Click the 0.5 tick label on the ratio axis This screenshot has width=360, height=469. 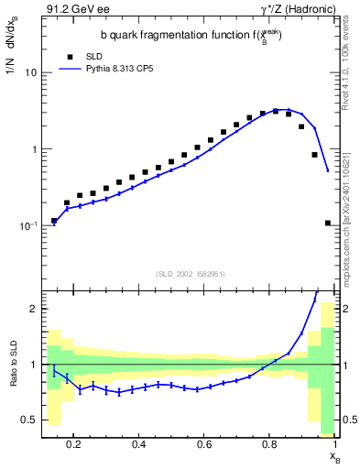[28, 420]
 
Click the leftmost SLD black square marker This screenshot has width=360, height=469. [54, 221]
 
